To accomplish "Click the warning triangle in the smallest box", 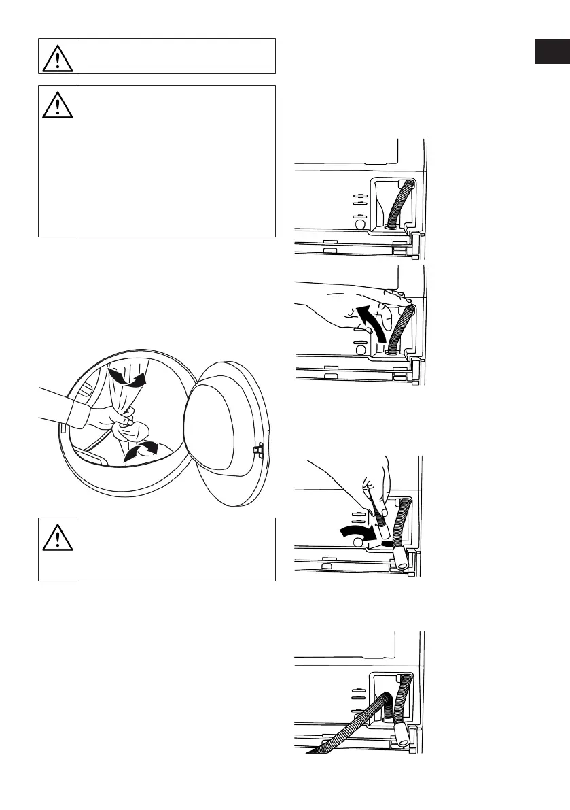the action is click(x=57, y=57).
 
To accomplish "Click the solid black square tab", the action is click(x=552, y=52).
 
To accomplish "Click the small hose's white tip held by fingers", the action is click(x=385, y=543).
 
